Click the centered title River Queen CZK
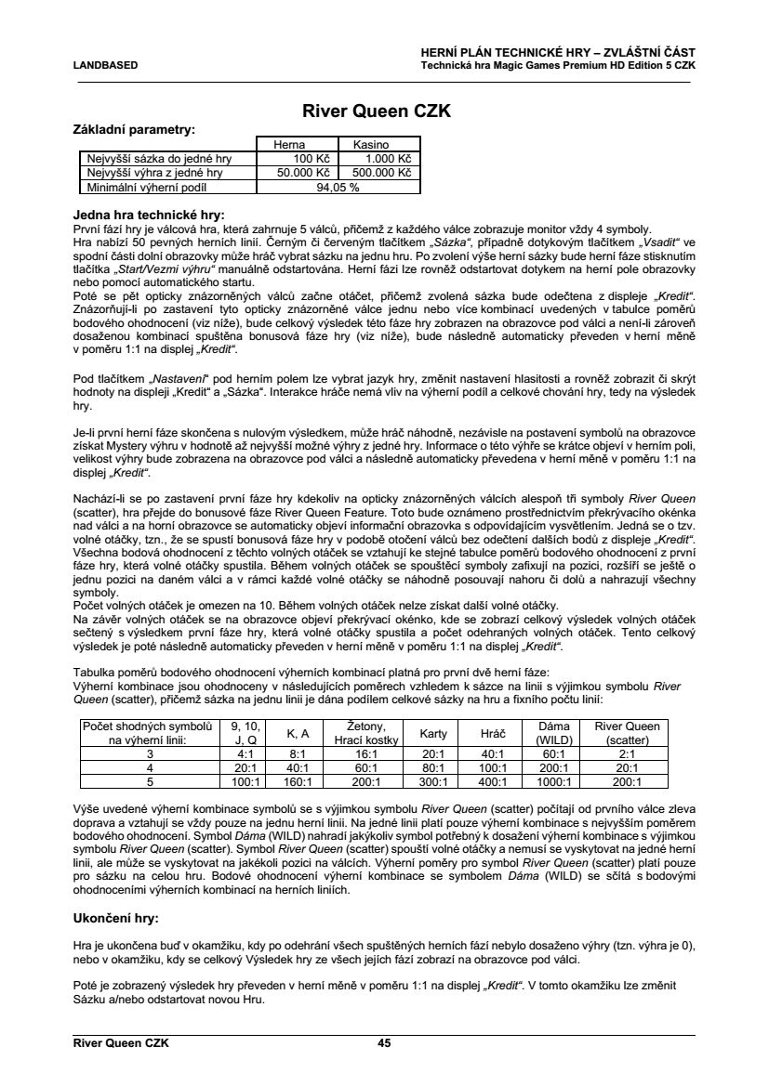click(377, 111)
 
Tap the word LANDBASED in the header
click(106, 65)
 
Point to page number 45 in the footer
click(384, 1043)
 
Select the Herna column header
click(288, 145)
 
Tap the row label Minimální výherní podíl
click(152, 186)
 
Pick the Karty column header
click(433, 733)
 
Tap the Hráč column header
click(492, 733)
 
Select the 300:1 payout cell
click(433, 782)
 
